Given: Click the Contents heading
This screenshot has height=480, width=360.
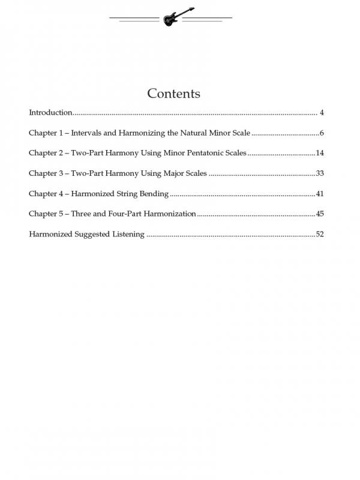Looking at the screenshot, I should click(x=173, y=94).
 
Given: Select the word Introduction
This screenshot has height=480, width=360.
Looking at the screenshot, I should click(x=50, y=113).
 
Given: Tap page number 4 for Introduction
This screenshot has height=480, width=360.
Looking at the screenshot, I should click(x=322, y=113).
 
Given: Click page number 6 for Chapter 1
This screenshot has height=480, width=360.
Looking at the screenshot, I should click(x=322, y=133).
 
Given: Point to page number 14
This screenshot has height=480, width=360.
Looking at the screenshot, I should click(x=320, y=153).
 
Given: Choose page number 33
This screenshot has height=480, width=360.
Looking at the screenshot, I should click(x=320, y=173).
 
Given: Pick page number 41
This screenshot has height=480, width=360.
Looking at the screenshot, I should click(x=320, y=194).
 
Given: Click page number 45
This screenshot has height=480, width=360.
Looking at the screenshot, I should click(x=320, y=214).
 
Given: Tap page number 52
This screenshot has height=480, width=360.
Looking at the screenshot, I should click(x=320, y=234).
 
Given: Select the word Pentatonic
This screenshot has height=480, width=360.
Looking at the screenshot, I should click(x=202, y=153).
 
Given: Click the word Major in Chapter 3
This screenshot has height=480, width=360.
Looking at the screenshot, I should click(x=173, y=173).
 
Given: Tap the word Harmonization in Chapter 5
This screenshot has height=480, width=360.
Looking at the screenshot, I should click(x=170, y=214).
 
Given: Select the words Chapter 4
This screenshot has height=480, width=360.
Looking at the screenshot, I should click(x=45, y=194).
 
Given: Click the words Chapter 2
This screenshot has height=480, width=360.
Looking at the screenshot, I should click(x=45, y=153).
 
